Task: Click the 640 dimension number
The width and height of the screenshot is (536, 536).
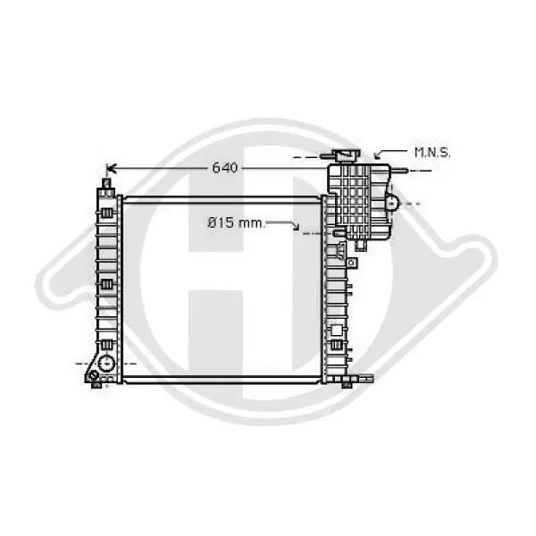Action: click(x=224, y=168)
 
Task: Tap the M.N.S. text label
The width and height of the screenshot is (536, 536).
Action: click(x=432, y=153)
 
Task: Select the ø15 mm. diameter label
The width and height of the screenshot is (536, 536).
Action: click(x=236, y=223)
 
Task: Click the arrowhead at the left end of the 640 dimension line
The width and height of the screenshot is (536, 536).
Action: click(x=112, y=168)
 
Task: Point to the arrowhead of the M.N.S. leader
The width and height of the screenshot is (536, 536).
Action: click(x=378, y=155)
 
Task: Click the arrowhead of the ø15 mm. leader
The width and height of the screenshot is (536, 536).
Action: click(x=296, y=226)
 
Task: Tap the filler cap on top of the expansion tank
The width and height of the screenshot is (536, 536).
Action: click(x=348, y=155)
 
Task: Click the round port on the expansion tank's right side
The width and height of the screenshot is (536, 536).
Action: click(x=392, y=204)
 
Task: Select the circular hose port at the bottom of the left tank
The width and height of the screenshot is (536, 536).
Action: click(x=106, y=364)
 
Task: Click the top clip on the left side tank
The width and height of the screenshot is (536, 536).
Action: click(x=106, y=214)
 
